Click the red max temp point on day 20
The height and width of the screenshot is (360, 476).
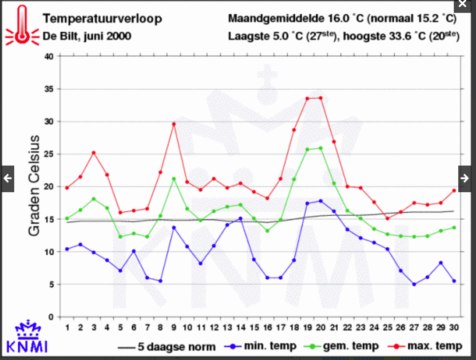tap(320, 98)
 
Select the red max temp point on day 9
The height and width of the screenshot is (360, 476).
tap(174, 124)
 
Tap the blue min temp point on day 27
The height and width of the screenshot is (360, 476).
tap(414, 284)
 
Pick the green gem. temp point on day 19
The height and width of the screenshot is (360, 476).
tap(307, 149)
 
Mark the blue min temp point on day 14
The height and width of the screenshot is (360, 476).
tap(240, 218)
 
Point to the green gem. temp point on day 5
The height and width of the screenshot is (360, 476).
tap(120, 237)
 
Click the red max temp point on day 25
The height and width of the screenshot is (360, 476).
tap(387, 218)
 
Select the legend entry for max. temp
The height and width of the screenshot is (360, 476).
tap(424, 346)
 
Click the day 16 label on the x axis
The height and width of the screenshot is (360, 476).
tap(267, 328)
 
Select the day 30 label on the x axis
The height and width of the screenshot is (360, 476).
tap(453, 328)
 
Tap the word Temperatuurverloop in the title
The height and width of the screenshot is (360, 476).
tap(102, 19)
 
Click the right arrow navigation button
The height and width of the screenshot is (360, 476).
tap(464, 178)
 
